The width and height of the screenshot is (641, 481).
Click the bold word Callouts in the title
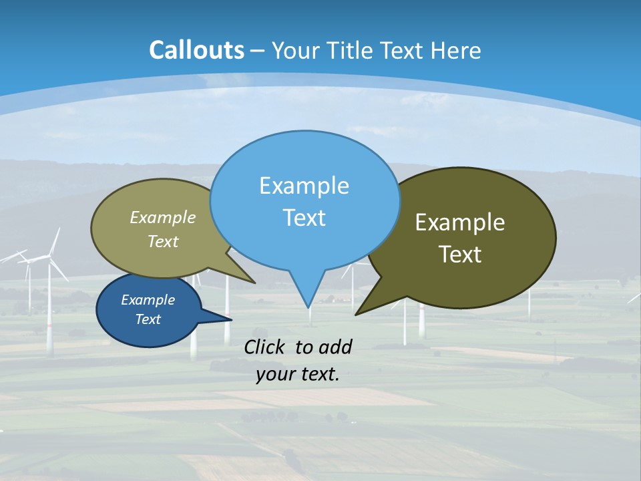tap(196, 50)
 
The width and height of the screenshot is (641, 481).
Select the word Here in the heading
tap(456, 50)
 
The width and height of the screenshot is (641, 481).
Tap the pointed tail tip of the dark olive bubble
tap(357, 313)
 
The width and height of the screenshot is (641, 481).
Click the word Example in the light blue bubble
tap(304, 186)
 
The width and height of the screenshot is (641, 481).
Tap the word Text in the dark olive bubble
tap(460, 255)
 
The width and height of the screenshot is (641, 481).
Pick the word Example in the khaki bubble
tap(163, 217)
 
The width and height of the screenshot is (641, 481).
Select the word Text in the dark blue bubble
tap(148, 319)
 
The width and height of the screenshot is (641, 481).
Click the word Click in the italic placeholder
tap(266, 347)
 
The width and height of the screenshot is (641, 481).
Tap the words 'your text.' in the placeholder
tap(298, 375)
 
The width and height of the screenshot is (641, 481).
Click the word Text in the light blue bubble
tap(304, 218)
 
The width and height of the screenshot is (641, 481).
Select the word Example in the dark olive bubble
tap(460, 222)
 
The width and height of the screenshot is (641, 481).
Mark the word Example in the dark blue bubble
tap(148, 300)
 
